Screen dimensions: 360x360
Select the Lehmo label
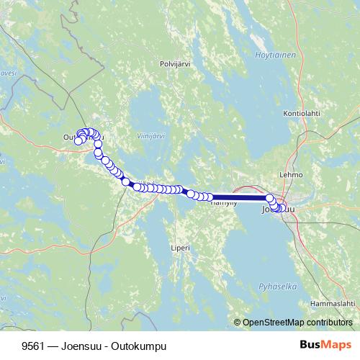[292, 174]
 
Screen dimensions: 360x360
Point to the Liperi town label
[181, 248]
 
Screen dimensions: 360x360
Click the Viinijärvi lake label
[151, 135]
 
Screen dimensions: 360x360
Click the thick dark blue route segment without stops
[238, 197]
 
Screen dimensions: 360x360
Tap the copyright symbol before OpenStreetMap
[237, 322]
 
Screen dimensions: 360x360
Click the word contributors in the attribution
[327, 322]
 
